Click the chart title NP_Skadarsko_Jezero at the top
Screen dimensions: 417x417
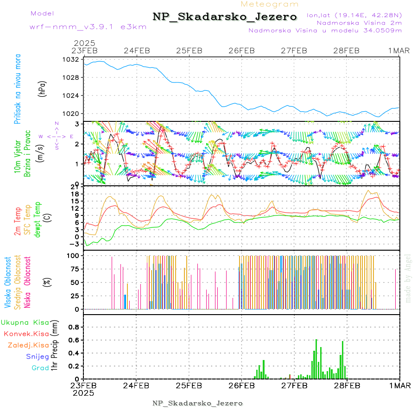(x=225, y=17)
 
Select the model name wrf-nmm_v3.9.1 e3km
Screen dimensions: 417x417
(x=88, y=27)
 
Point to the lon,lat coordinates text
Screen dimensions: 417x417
(x=354, y=15)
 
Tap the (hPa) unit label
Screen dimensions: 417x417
(x=42, y=88)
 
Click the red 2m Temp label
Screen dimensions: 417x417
(x=18, y=222)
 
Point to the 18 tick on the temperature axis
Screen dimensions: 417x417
(x=75, y=194)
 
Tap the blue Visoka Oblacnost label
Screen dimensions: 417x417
(x=8, y=283)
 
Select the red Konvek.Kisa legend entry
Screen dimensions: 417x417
(x=26, y=334)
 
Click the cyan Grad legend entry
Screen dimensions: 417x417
(x=40, y=368)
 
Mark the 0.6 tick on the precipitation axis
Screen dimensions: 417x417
(x=73, y=340)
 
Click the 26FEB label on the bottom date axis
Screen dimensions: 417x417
(x=241, y=385)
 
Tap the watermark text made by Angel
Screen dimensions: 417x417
(x=408, y=278)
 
